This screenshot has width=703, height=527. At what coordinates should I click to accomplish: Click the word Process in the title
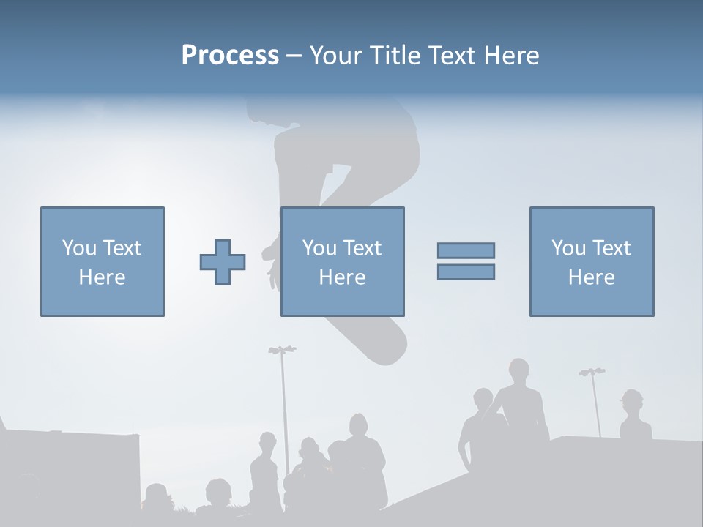point(230,56)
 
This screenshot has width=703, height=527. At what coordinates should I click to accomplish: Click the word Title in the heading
point(395,56)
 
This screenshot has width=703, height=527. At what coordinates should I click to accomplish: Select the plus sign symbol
point(223,261)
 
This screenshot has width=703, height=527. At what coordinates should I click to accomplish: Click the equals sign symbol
point(466,261)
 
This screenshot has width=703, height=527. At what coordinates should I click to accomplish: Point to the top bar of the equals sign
point(466,250)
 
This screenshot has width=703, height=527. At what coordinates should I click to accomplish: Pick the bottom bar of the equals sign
point(466,272)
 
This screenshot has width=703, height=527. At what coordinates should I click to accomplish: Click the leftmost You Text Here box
point(103,261)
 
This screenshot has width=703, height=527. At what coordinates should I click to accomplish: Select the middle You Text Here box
point(342,261)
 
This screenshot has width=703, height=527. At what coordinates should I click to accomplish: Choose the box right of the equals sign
point(592,261)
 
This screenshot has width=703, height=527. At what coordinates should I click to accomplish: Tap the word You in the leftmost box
point(78,248)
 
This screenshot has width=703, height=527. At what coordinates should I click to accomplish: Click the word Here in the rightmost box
point(592,277)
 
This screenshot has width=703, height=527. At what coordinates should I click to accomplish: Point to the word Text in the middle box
point(362,248)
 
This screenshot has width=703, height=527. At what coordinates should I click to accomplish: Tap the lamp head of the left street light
point(282,350)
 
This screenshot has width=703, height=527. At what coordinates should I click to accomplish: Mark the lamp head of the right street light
point(592,373)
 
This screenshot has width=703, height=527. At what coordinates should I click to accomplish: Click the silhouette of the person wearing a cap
point(633,417)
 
